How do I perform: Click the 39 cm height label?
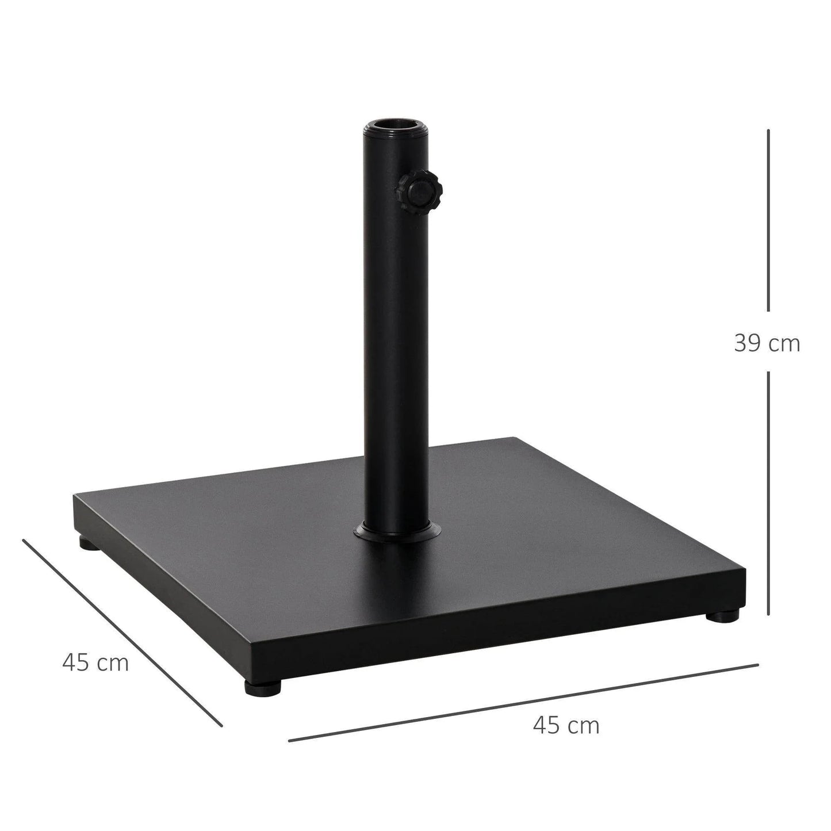tap(767, 343)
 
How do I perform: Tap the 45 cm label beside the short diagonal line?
tap(95, 662)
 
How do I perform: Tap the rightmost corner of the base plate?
tap(744, 578)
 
